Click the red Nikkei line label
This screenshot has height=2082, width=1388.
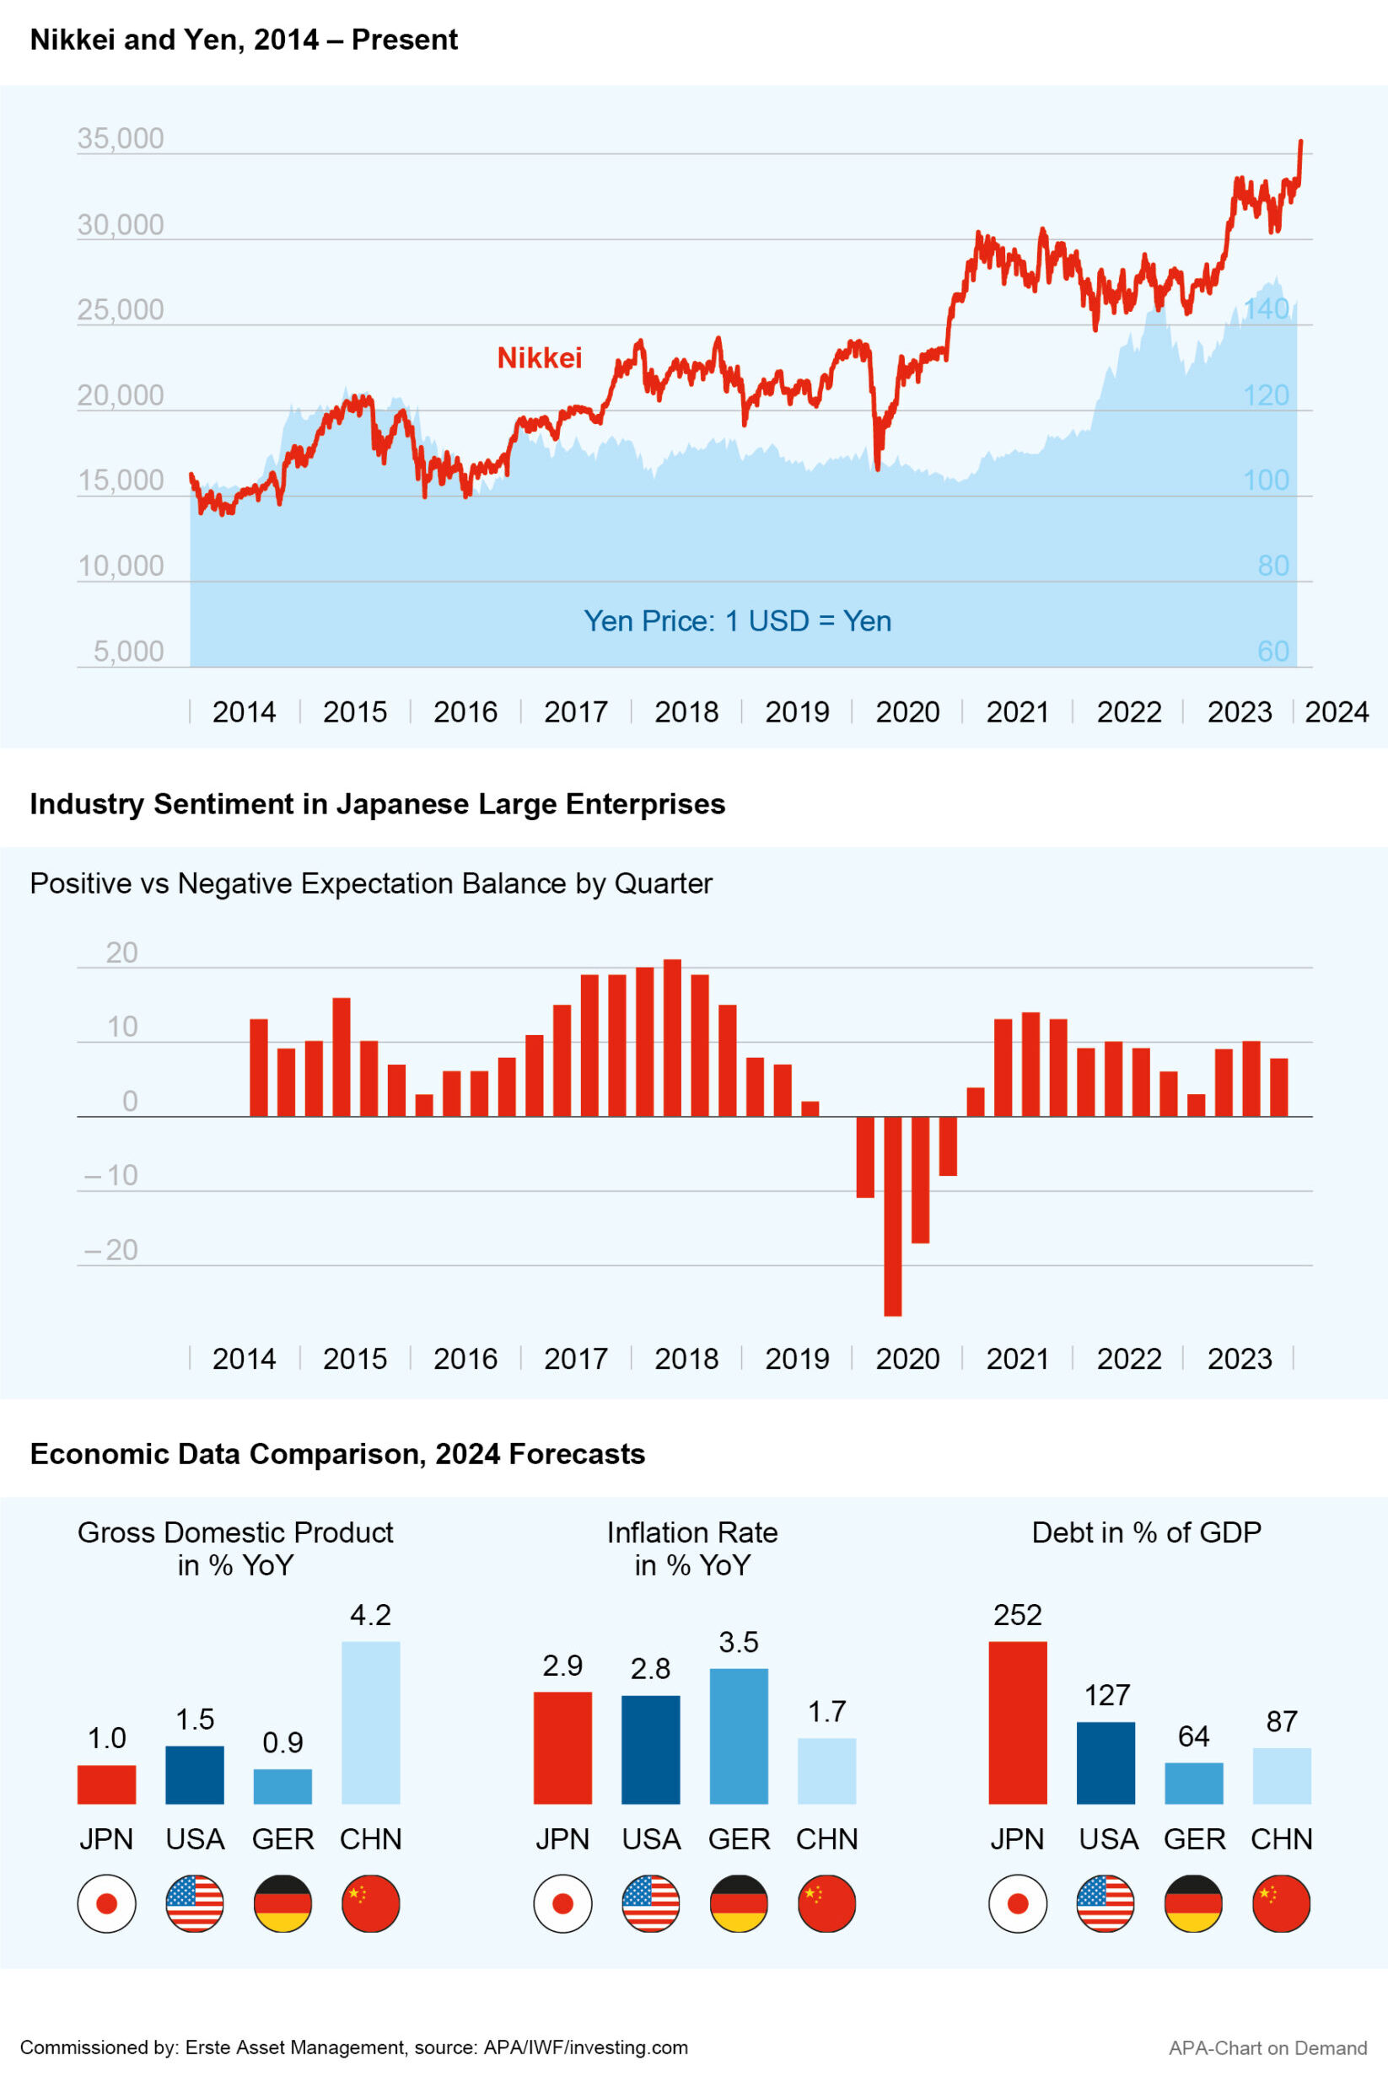539,357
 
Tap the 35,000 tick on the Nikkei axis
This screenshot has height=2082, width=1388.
121,139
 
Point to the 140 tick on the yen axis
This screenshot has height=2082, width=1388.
1266,309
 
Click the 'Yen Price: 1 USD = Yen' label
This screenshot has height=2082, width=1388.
736,621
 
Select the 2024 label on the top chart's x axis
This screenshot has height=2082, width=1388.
1336,711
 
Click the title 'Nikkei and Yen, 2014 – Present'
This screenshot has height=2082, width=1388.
244,40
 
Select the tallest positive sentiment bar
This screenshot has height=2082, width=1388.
672,1037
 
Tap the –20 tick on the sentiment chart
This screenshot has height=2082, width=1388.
111,1249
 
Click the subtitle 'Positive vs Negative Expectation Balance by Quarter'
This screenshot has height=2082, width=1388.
371,883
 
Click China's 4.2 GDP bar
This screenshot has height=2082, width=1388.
370,1722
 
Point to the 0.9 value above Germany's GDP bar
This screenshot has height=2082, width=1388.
282,1742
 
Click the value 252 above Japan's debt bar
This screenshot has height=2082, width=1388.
1017,1615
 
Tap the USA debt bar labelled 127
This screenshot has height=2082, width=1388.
1105,1762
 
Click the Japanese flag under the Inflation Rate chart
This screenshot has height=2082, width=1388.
562,1903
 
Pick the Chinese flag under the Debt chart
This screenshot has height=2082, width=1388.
1281,1903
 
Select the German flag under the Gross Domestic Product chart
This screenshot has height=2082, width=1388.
282,1903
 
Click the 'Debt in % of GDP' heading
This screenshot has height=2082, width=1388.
1145,1532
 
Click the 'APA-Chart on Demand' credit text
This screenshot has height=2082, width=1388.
1267,2047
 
